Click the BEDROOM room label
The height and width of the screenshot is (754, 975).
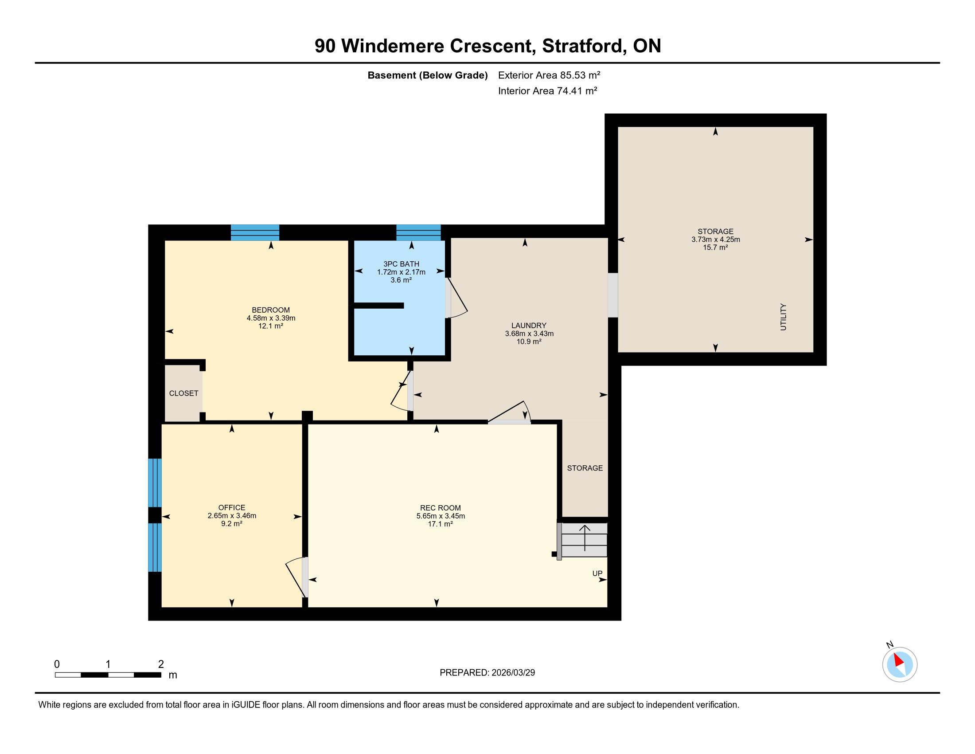pos(270,310)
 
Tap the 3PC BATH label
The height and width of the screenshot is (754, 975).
pos(401,264)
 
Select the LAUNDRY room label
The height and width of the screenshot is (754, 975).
pos(529,326)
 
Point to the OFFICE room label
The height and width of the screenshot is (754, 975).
pos(232,507)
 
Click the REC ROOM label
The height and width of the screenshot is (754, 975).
pos(440,508)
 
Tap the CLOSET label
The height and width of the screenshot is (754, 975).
pos(183,393)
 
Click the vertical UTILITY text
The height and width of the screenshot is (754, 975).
pos(783,317)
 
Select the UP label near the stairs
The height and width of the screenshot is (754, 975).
pos(597,573)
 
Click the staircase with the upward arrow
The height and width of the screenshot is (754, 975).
pos(585,540)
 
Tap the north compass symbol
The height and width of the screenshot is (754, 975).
pos(900,664)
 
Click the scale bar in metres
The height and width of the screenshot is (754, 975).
pos(108,675)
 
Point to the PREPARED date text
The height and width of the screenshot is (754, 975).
pos(487,672)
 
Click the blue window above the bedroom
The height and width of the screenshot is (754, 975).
pos(255,232)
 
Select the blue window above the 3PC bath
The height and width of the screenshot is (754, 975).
pos(418,232)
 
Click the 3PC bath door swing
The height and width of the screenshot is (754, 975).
pos(456,298)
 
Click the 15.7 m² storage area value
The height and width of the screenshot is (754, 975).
pos(715,247)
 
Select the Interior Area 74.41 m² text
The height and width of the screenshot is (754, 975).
pos(548,90)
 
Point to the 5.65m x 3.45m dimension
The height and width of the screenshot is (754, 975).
pos(441,516)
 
